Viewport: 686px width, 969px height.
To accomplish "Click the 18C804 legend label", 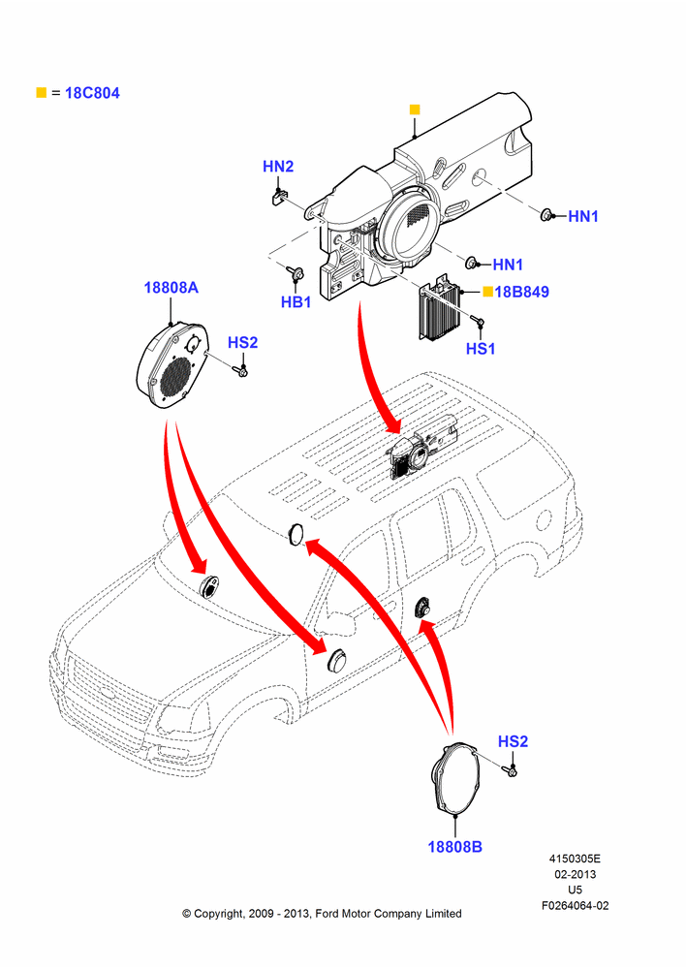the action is (x=92, y=93).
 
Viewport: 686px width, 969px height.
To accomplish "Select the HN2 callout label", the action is (x=278, y=167).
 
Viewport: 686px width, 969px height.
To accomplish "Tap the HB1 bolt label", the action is (x=296, y=302).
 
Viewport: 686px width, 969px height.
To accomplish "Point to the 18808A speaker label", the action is (x=171, y=288).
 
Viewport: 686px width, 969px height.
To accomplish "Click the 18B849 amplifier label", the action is (x=521, y=292).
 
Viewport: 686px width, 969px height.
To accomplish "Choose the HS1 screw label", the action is (x=481, y=349).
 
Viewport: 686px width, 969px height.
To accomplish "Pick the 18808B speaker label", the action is (x=454, y=847).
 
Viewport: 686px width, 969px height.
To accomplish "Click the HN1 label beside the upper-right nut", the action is (x=583, y=216).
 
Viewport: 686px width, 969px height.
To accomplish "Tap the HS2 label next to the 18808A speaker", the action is (x=243, y=342).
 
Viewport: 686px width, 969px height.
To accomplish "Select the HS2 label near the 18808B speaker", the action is (x=513, y=741).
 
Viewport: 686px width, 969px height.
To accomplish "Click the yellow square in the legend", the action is (x=42, y=93).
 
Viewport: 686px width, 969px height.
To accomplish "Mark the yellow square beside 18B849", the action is (x=487, y=291).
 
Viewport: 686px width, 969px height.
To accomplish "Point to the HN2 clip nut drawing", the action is (x=277, y=196).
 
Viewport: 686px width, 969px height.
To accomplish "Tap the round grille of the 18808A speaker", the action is (x=175, y=378).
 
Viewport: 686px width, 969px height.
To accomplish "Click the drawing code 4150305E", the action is (x=575, y=859).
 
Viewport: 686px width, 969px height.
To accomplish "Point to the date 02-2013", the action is (x=575, y=874).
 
